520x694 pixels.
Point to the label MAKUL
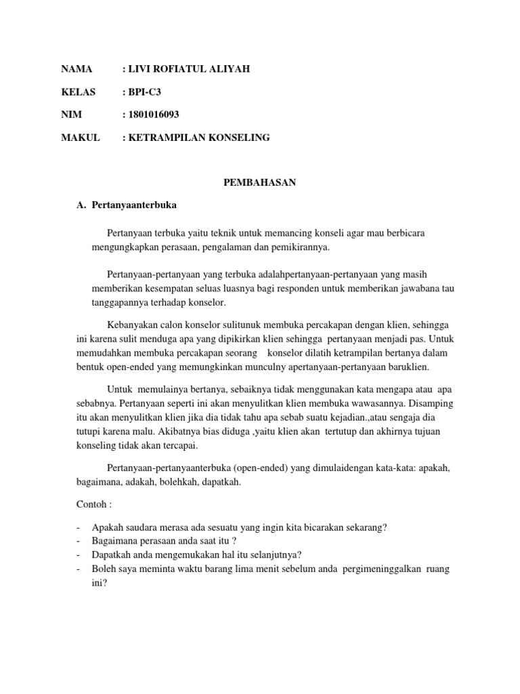tap(81, 138)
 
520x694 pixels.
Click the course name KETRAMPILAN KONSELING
tap(198, 138)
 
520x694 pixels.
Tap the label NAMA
tap(76, 69)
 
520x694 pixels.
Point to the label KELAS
tap(79, 91)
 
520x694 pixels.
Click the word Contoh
tap(90, 505)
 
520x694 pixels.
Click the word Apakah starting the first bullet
tap(106, 527)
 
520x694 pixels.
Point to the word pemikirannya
tap(298, 247)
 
